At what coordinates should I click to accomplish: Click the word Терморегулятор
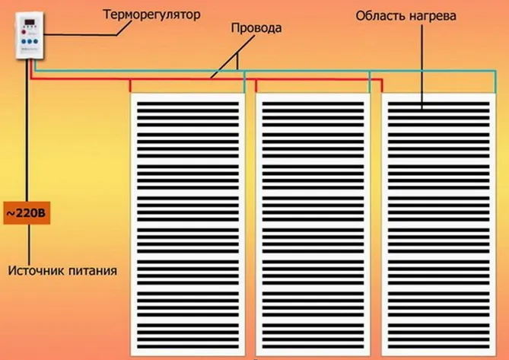tap(151, 15)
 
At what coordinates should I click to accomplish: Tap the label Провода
tap(256, 28)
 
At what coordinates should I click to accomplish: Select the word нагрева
tap(432, 16)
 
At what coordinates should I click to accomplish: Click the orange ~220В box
tap(27, 213)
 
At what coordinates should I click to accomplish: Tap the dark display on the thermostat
tap(30, 23)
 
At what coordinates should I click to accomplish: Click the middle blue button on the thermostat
tap(30, 42)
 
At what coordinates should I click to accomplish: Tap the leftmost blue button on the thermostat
tap(24, 42)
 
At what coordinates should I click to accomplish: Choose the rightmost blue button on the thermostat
tap(36, 42)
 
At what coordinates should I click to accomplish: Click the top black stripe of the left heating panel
tap(188, 104)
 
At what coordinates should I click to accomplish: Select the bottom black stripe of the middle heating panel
tap(313, 346)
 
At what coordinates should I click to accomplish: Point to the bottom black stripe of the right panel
tap(438, 346)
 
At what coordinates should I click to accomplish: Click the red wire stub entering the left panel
tap(130, 86)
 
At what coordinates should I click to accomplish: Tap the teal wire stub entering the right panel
tap(495, 81)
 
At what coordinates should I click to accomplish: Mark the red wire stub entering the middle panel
tap(256, 86)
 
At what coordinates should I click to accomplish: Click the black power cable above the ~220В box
tap(27, 130)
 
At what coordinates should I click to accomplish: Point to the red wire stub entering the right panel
tap(382, 86)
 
